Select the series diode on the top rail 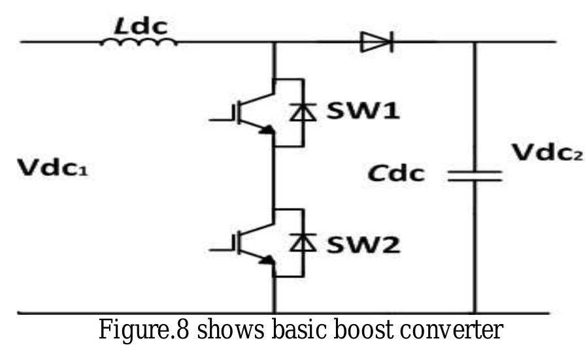pos(376,43)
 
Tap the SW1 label pos(365,112)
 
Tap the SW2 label pos(365,244)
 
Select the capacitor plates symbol pos(475,175)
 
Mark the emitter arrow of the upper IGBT pos(266,130)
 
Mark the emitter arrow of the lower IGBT pos(266,261)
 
